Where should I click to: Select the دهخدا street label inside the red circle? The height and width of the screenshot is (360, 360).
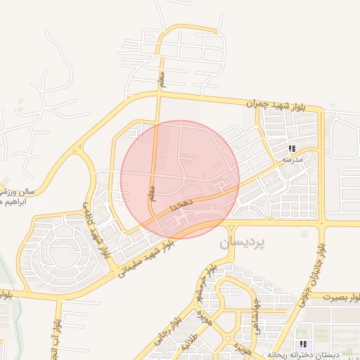pyautogui.click(x=181, y=205)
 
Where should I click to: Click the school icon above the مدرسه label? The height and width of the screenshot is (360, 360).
pyautogui.click(x=292, y=148)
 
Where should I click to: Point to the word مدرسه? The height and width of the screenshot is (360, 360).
pyautogui.click(x=292, y=160)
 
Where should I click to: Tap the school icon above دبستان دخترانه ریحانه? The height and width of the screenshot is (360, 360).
pyautogui.click(x=303, y=344)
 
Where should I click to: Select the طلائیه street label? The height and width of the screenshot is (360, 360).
pyautogui.click(x=186, y=345)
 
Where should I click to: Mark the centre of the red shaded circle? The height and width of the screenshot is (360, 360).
pyautogui.click(x=180, y=180)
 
